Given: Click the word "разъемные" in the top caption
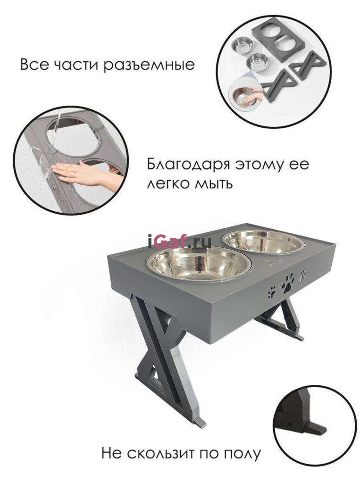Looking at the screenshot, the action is point(149,65).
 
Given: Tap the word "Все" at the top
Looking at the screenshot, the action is point(34,65).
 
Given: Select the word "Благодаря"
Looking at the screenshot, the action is point(188,165).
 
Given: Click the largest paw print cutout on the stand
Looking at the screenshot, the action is point(287,283).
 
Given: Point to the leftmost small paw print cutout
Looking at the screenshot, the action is point(272,292).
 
